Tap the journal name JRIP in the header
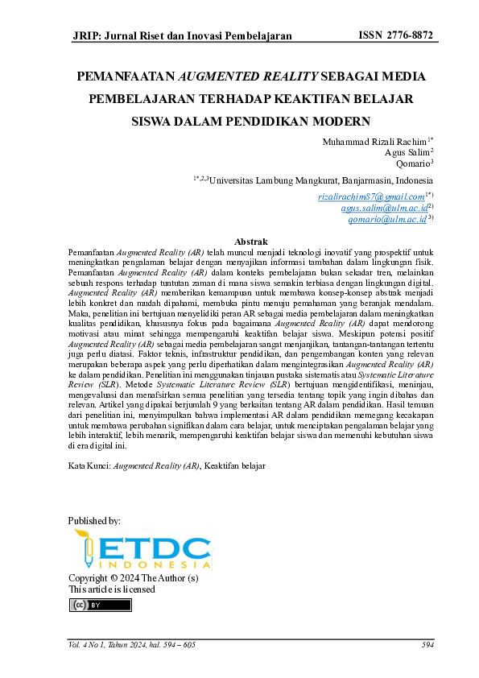point(86,36)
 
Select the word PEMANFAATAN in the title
point(125,78)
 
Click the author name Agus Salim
point(407,152)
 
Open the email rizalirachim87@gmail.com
point(370,196)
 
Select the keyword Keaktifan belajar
point(235,466)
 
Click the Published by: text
point(95,521)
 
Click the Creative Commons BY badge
point(90,605)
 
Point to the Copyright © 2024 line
point(133,578)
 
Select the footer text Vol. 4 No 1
point(89,644)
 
